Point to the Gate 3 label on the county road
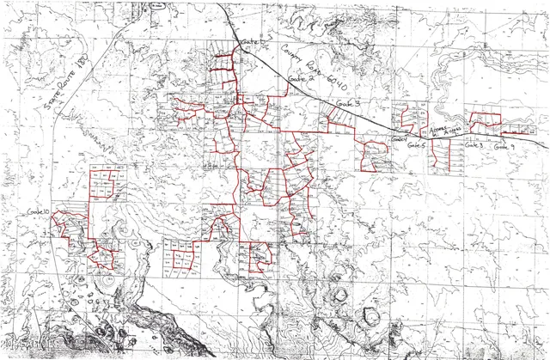(x=347, y=103)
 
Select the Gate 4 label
(x=397, y=138)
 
